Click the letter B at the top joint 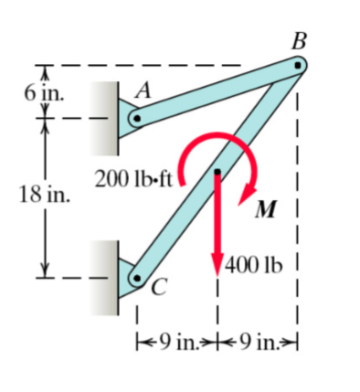coord(298,41)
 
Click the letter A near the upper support coord(143,90)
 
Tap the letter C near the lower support coord(157,290)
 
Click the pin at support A coord(135,118)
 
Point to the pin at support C coord(135,277)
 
